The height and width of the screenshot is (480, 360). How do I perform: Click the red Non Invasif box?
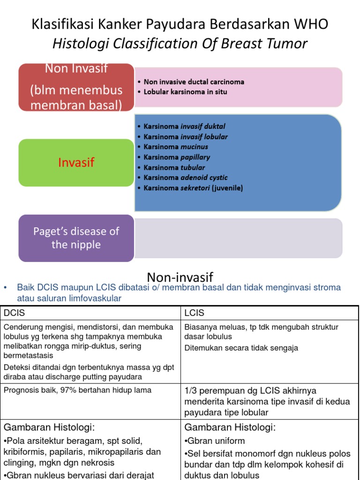(x=76, y=87)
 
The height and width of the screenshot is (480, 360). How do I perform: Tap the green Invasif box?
(x=76, y=163)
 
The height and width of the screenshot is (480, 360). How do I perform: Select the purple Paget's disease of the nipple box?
(x=76, y=238)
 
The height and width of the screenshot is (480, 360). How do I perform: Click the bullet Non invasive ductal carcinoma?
(x=194, y=82)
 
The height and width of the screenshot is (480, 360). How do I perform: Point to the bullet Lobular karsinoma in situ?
(x=185, y=92)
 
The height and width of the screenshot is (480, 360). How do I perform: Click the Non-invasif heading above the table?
(x=180, y=277)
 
